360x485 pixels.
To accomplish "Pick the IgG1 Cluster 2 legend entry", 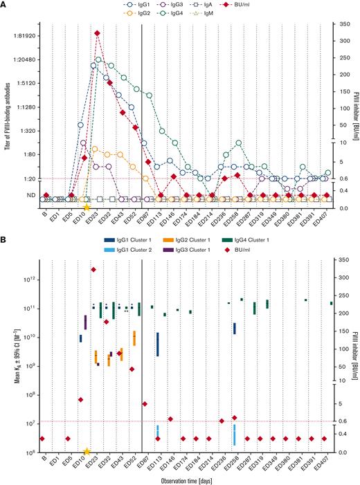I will [128, 252].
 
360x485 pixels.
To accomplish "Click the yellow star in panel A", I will [87, 207].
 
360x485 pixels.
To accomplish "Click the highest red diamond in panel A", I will [97, 33].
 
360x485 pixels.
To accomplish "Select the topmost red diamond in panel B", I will [94, 269].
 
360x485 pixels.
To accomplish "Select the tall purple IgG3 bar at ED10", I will [85, 322].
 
